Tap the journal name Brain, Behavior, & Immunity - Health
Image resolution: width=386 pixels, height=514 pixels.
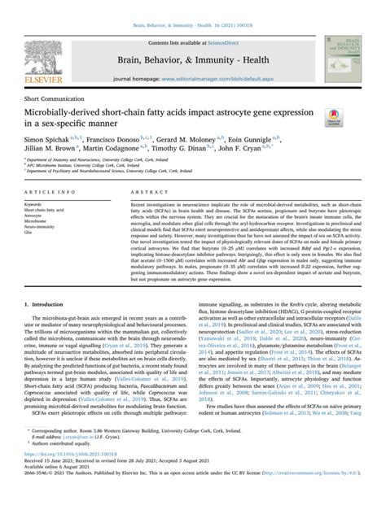pyautogui.click(x=192, y=38)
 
